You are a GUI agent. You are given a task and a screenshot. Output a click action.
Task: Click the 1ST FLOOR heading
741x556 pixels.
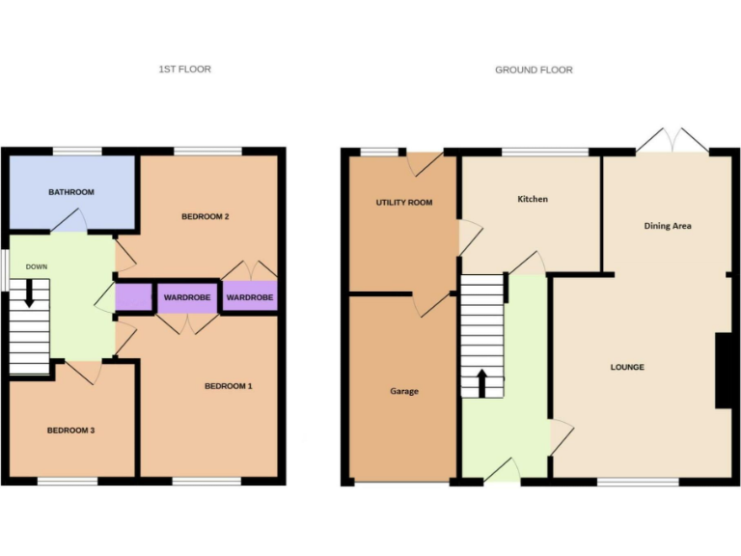[184, 69]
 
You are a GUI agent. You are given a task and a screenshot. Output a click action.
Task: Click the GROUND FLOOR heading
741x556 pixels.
[534, 69]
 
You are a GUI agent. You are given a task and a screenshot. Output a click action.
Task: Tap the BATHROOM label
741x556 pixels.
[71, 192]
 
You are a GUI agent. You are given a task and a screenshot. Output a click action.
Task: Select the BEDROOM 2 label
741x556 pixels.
[205, 216]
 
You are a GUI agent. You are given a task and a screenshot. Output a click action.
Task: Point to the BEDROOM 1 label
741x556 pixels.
[228, 386]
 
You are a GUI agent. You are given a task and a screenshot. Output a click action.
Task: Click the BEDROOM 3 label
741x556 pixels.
[70, 430]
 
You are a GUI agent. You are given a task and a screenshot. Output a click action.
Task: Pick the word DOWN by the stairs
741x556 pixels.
[37, 266]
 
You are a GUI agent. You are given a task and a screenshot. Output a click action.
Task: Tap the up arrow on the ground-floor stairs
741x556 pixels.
[481, 382]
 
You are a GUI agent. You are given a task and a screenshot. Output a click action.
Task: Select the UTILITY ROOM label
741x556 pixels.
[404, 203]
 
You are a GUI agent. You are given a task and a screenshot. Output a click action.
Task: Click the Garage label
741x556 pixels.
[404, 391]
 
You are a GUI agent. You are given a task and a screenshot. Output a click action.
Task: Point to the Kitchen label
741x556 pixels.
[533, 199]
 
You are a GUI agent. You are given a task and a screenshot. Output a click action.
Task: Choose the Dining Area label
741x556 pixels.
[668, 226]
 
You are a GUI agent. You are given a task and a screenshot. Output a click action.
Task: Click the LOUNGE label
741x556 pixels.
[627, 367]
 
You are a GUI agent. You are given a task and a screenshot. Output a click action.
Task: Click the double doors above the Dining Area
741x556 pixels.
[672, 141]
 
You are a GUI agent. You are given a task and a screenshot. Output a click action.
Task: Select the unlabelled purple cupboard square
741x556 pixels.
[133, 297]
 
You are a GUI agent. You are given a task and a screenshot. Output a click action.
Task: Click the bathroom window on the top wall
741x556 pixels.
[76, 151]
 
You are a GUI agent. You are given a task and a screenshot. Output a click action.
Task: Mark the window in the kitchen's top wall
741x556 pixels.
[545, 151]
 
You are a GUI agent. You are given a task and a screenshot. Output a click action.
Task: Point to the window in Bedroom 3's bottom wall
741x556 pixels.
[68, 480]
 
